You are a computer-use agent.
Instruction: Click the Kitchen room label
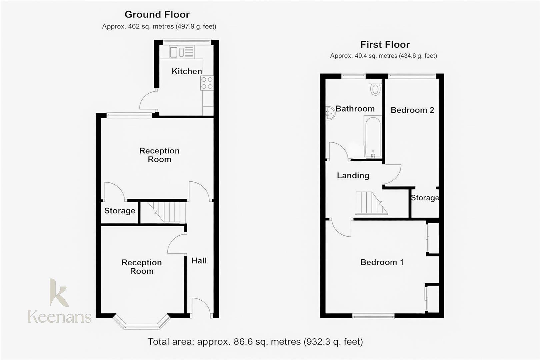point(187,71)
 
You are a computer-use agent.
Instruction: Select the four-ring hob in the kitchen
point(207,83)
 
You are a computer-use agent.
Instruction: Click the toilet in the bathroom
point(375,88)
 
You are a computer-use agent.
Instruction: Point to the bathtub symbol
point(373,137)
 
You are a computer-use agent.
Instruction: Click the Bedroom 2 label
point(412,110)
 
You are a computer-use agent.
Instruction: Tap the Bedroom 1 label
point(382,262)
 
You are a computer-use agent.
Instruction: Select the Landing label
point(353,176)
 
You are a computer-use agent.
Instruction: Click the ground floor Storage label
point(120,211)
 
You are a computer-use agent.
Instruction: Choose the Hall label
point(199,261)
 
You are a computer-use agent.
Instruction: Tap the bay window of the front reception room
point(142,323)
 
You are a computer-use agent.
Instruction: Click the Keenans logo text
point(59,317)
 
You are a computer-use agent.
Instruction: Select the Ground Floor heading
point(157,15)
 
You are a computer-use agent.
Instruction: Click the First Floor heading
point(385,45)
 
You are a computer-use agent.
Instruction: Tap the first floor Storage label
point(425,198)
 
